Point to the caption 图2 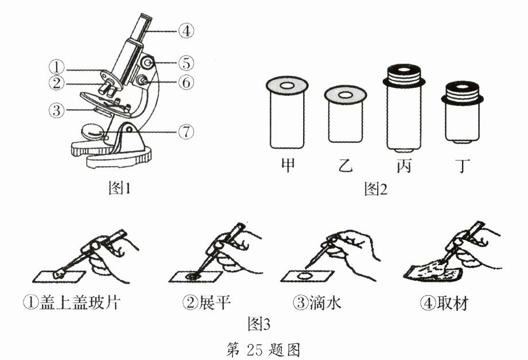pyautogui.click(x=375, y=189)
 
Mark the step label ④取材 pyautogui.click(x=444, y=303)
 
